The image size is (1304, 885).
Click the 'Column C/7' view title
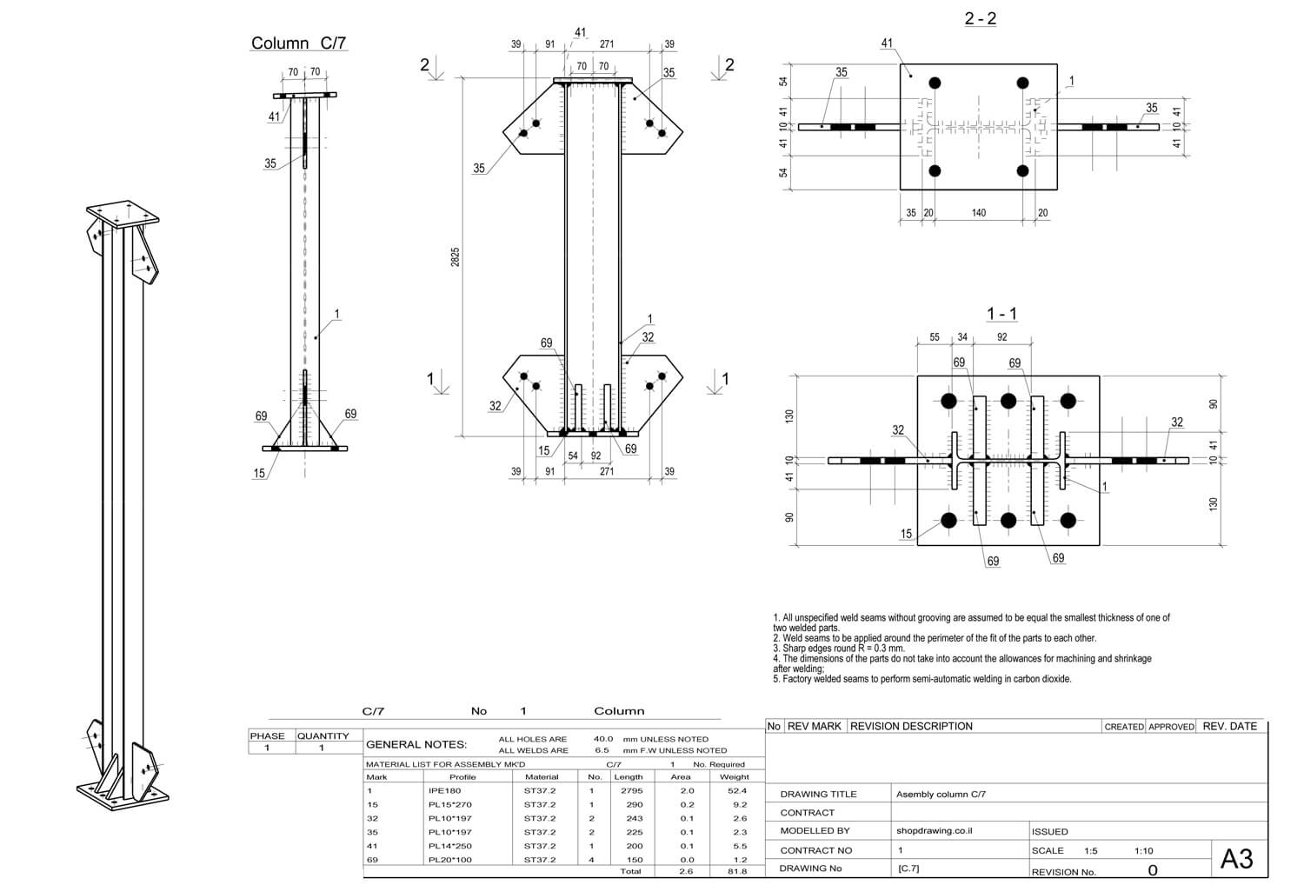(299, 43)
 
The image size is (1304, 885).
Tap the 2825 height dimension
(456, 256)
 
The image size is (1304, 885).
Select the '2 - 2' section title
(980, 18)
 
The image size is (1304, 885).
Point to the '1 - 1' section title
(1001, 314)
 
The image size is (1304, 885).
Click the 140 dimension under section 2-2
(979, 213)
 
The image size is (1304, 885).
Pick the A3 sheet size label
(1237, 859)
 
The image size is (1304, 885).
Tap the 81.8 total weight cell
(737, 871)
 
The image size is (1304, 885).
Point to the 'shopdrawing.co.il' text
(934, 831)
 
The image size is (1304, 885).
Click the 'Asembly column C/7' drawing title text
(941, 794)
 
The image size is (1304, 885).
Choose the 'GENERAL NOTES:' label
(416, 744)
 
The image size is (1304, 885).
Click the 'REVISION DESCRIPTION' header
(911, 727)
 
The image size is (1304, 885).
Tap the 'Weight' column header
(734, 777)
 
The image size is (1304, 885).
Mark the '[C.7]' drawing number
(908, 868)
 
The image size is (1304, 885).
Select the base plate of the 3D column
(123, 794)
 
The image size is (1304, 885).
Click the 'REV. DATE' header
(1229, 727)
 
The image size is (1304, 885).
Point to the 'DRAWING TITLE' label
(818, 795)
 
